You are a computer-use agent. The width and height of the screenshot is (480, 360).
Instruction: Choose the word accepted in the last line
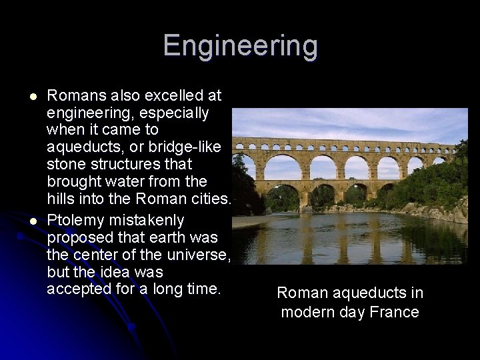coord(78,289)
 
